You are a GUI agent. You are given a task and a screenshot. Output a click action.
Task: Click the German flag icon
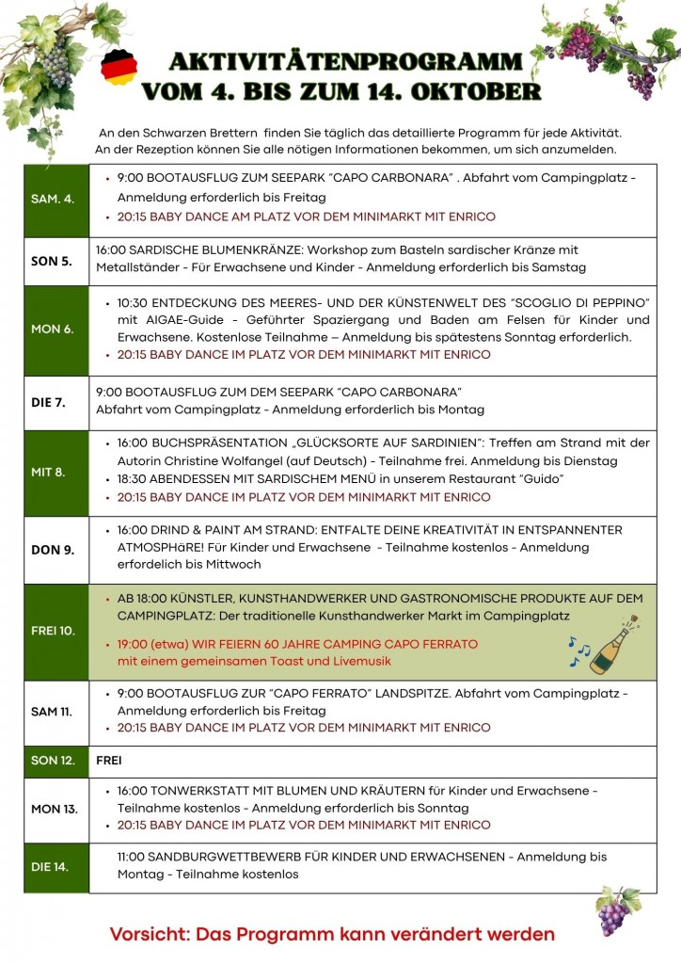pyautogui.click(x=119, y=67)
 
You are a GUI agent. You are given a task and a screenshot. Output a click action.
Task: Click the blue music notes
pyautogui.click(x=578, y=651)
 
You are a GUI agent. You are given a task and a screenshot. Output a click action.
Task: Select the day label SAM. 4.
pyautogui.click(x=53, y=200)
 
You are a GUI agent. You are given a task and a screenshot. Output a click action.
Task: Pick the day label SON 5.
pyautogui.click(x=52, y=261)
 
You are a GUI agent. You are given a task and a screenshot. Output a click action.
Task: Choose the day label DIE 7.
pyautogui.click(x=48, y=402)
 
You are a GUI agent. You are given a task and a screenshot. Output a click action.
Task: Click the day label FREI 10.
pyautogui.click(x=53, y=631)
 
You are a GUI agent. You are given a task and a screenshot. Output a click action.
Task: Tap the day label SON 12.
pyautogui.click(x=53, y=760)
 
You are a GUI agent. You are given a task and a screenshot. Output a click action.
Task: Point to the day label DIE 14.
pyautogui.click(x=50, y=867)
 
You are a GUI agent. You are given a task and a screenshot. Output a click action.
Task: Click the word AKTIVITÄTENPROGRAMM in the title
pyautogui.click(x=345, y=63)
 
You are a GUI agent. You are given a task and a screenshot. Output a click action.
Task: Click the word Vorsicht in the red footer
pyautogui.click(x=151, y=934)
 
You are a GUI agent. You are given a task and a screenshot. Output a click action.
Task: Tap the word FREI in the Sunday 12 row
pyautogui.click(x=109, y=760)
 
